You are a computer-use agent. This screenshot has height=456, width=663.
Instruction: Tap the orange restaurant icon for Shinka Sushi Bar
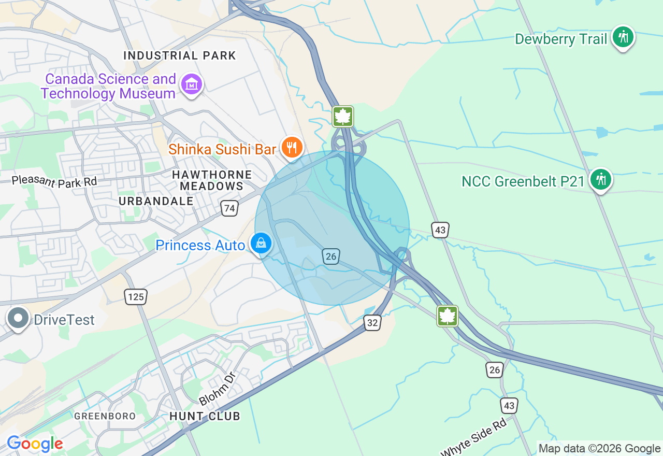point(292,148)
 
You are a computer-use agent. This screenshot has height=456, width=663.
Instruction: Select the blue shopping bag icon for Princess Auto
point(261,243)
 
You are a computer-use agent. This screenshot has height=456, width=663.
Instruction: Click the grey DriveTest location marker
point(19,318)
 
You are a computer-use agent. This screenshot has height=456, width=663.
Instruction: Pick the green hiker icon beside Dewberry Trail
point(623,37)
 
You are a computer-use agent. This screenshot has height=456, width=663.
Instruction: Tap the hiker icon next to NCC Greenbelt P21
point(600,179)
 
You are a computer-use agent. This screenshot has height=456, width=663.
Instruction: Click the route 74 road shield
point(229,208)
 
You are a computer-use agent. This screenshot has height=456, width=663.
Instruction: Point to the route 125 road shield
point(136,297)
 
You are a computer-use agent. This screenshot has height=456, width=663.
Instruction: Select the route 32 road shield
point(372,323)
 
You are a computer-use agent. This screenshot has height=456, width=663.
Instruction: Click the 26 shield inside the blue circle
point(331,256)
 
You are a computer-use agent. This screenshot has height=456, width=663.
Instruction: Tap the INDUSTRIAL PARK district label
point(180,55)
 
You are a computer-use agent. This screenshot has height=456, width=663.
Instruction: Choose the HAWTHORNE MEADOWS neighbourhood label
point(211,180)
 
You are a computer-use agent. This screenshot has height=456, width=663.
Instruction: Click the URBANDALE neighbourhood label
point(156,201)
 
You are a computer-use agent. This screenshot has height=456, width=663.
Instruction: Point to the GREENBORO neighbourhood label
point(105,416)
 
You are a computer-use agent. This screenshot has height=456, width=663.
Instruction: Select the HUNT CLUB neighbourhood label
point(205,416)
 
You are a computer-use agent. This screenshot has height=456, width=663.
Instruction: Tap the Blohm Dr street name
point(218,388)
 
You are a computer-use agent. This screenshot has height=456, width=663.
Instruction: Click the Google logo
point(35,444)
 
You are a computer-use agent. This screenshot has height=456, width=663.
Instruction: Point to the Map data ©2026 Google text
point(599,449)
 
